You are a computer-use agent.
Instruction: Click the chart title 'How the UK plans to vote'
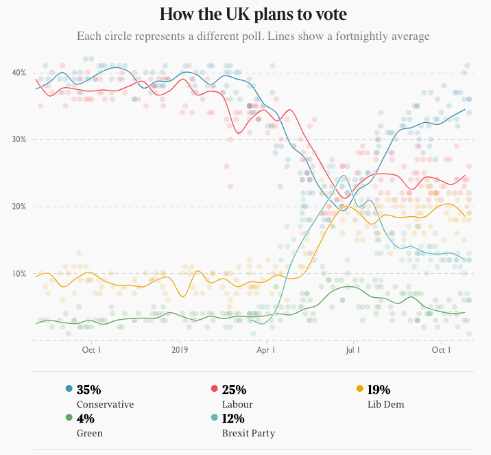[252, 14]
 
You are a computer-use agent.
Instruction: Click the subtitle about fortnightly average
[253, 36]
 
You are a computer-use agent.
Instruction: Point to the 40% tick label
[19, 73]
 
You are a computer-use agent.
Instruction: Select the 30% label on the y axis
[19, 139]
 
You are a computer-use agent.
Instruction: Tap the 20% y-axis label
[19, 207]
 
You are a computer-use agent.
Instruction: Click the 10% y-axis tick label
[19, 274]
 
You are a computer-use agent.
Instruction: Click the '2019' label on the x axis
[180, 350]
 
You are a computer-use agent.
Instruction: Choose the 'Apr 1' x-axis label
[265, 350]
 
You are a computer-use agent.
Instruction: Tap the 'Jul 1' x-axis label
[352, 350]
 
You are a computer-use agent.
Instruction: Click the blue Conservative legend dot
[69, 390]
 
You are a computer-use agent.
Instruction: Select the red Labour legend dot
[214, 390]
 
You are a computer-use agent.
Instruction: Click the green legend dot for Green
[69, 419]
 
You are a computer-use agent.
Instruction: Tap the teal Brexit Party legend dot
[214, 419]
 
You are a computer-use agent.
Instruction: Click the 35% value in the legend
[89, 390]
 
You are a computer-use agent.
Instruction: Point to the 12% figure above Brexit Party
[234, 419]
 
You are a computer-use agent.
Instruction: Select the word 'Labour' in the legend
[237, 404]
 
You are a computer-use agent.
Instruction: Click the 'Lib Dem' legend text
[386, 404]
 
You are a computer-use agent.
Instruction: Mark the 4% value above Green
[86, 419]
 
